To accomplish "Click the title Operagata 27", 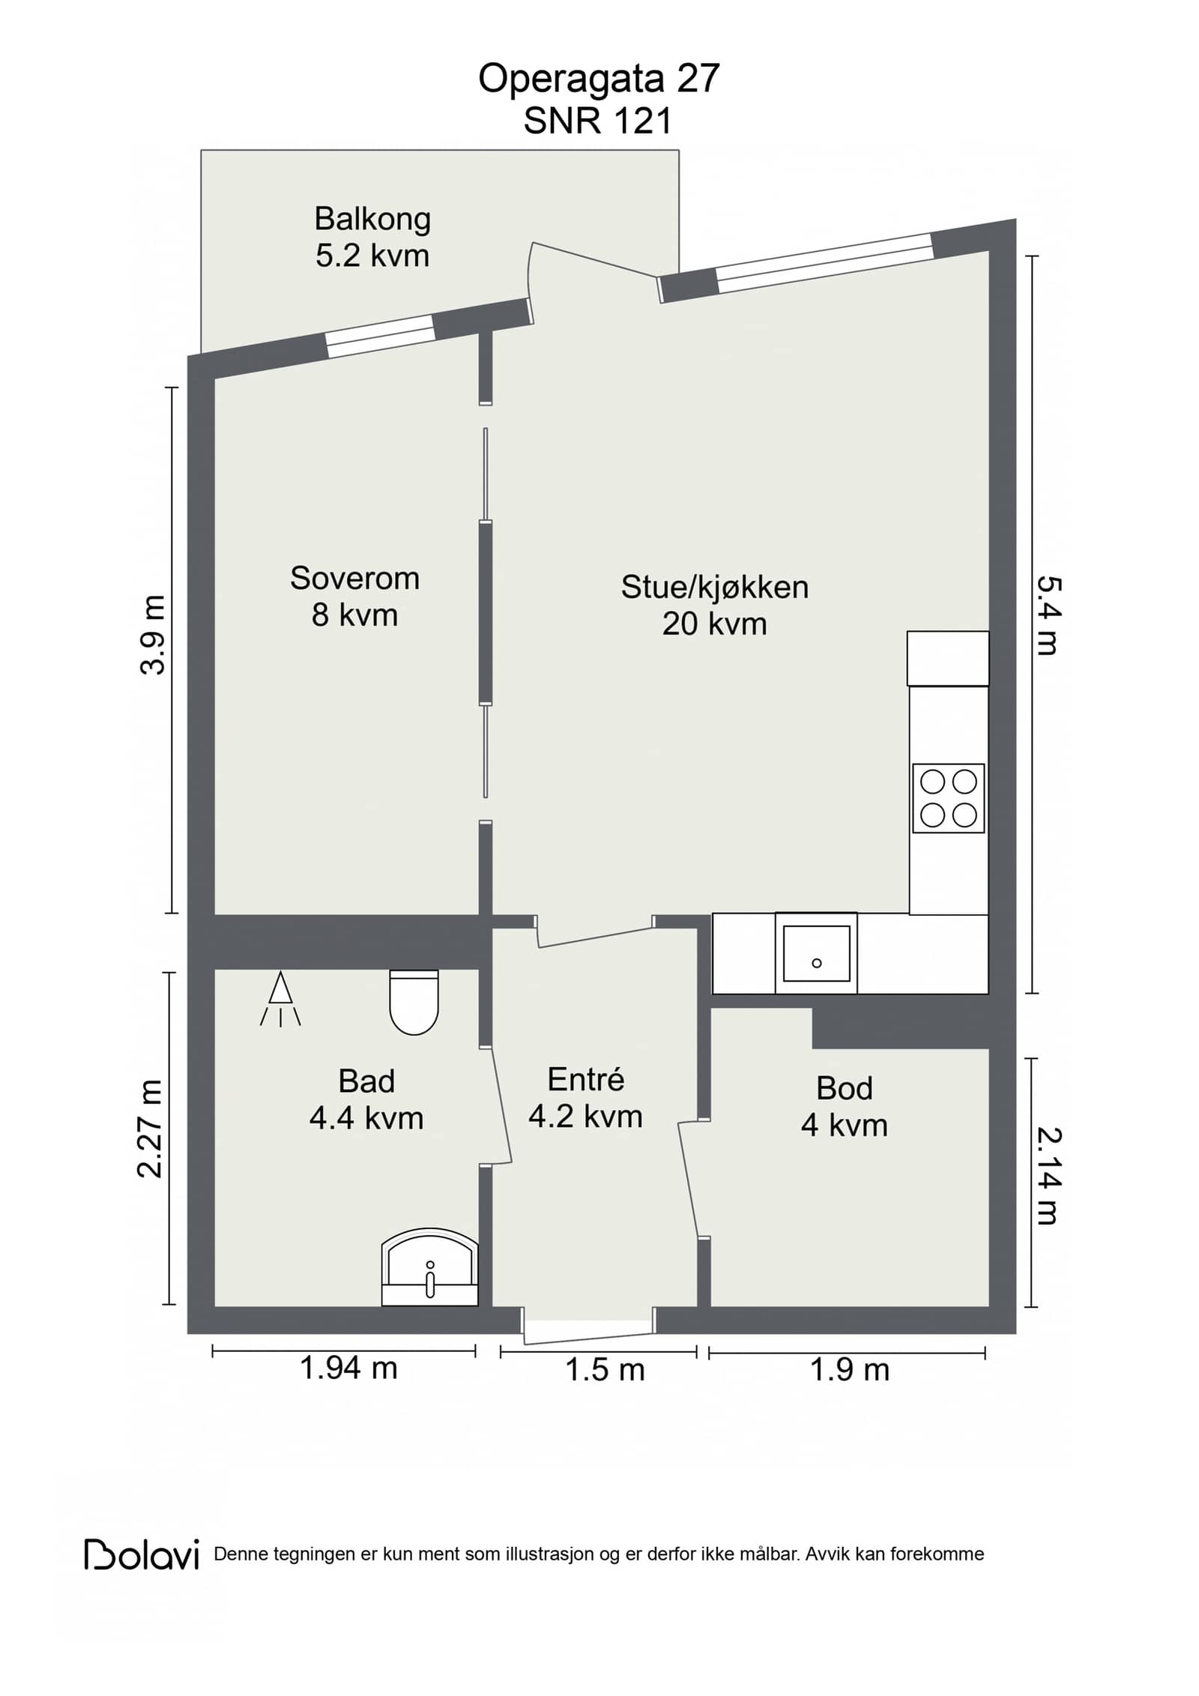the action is pos(599,79).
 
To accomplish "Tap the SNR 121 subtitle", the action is pos(598,121).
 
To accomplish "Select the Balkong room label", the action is pos(372,220).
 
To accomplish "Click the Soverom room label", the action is pos(354,579).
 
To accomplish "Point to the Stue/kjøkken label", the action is pos(715,587).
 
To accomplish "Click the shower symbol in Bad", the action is pos(280,998).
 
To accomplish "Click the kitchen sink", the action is pos(816,953).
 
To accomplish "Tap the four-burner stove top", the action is pos(948,798).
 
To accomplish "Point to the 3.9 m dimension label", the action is pos(153,635).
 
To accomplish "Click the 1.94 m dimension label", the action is pos(348,1368).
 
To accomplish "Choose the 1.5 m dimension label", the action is pos(605,1370).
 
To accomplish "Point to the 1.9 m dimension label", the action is pos(850,1370).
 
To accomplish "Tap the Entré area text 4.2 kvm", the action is pos(585,1117).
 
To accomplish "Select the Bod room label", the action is pos(845,1088).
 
